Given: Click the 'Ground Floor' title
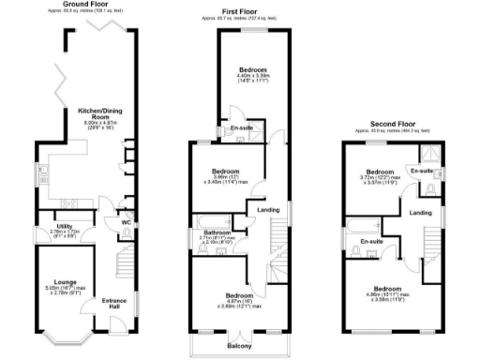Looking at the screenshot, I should pos(85,5).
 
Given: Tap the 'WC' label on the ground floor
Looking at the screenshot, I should pos(125,222).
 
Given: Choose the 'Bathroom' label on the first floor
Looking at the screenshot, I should pos(217,232).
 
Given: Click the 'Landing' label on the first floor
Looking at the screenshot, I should pos(269,210).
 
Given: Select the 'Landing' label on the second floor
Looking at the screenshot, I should pos(421,214).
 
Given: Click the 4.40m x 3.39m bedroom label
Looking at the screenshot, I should pos(251,70).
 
